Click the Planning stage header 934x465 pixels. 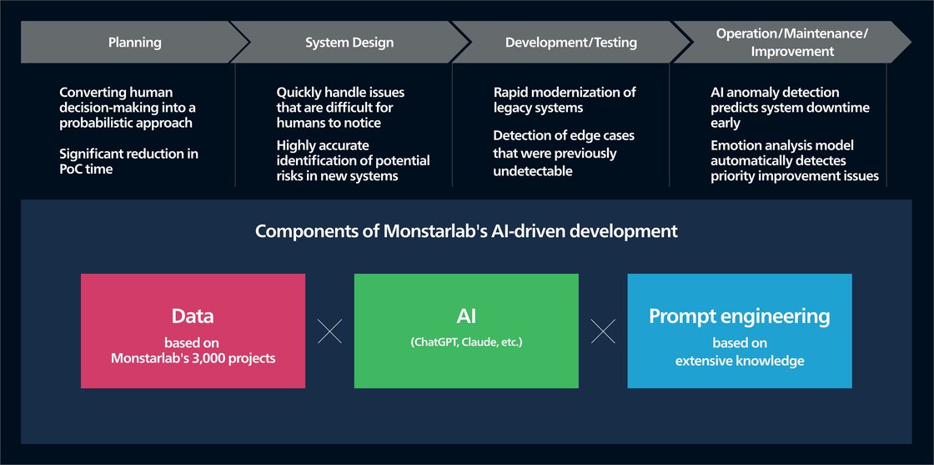[134, 43]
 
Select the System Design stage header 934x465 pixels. [349, 43]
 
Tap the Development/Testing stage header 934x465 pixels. [570, 43]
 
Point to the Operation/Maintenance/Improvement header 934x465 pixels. [791, 43]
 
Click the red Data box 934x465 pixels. [193, 331]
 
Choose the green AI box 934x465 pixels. [466, 331]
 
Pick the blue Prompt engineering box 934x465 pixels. [739, 331]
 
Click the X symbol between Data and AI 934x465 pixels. [330, 331]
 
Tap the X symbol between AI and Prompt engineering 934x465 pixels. [603, 331]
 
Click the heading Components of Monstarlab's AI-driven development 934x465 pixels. [466, 231]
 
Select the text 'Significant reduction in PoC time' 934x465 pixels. [128, 161]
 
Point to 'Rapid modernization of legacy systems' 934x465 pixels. [564, 99]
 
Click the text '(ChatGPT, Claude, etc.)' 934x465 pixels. [466, 342]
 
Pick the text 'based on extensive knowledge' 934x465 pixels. [739, 351]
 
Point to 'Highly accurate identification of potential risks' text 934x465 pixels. [353, 160]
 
